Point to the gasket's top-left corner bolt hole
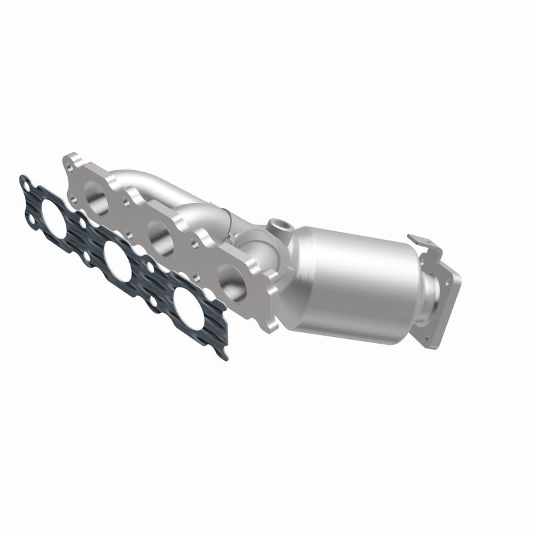(25, 181)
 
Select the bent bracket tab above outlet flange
(422, 245)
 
